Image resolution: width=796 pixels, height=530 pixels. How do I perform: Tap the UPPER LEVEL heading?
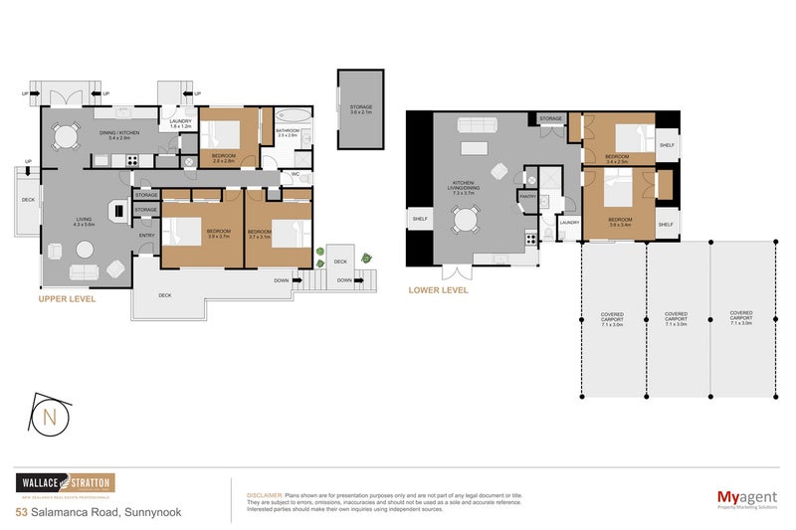click(x=67, y=298)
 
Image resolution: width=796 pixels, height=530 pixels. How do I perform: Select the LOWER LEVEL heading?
click(x=438, y=291)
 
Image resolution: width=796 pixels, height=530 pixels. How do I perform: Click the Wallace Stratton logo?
click(x=65, y=484)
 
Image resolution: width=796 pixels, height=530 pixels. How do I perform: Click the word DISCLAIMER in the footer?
click(x=263, y=494)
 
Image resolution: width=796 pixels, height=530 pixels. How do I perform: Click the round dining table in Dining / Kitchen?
click(x=66, y=134)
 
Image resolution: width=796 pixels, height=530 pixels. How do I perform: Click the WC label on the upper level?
click(x=296, y=175)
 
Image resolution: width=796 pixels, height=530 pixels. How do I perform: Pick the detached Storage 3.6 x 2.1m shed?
click(x=360, y=109)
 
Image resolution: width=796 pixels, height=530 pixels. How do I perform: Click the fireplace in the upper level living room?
click(x=118, y=210)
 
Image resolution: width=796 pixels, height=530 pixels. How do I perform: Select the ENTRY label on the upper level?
click(x=146, y=235)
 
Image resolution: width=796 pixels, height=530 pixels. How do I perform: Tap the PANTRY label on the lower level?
click(x=527, y=196)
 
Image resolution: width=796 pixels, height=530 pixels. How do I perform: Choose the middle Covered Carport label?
click(x=677, y=318)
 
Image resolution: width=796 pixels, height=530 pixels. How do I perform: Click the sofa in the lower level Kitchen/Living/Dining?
click(x=474, y=125)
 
